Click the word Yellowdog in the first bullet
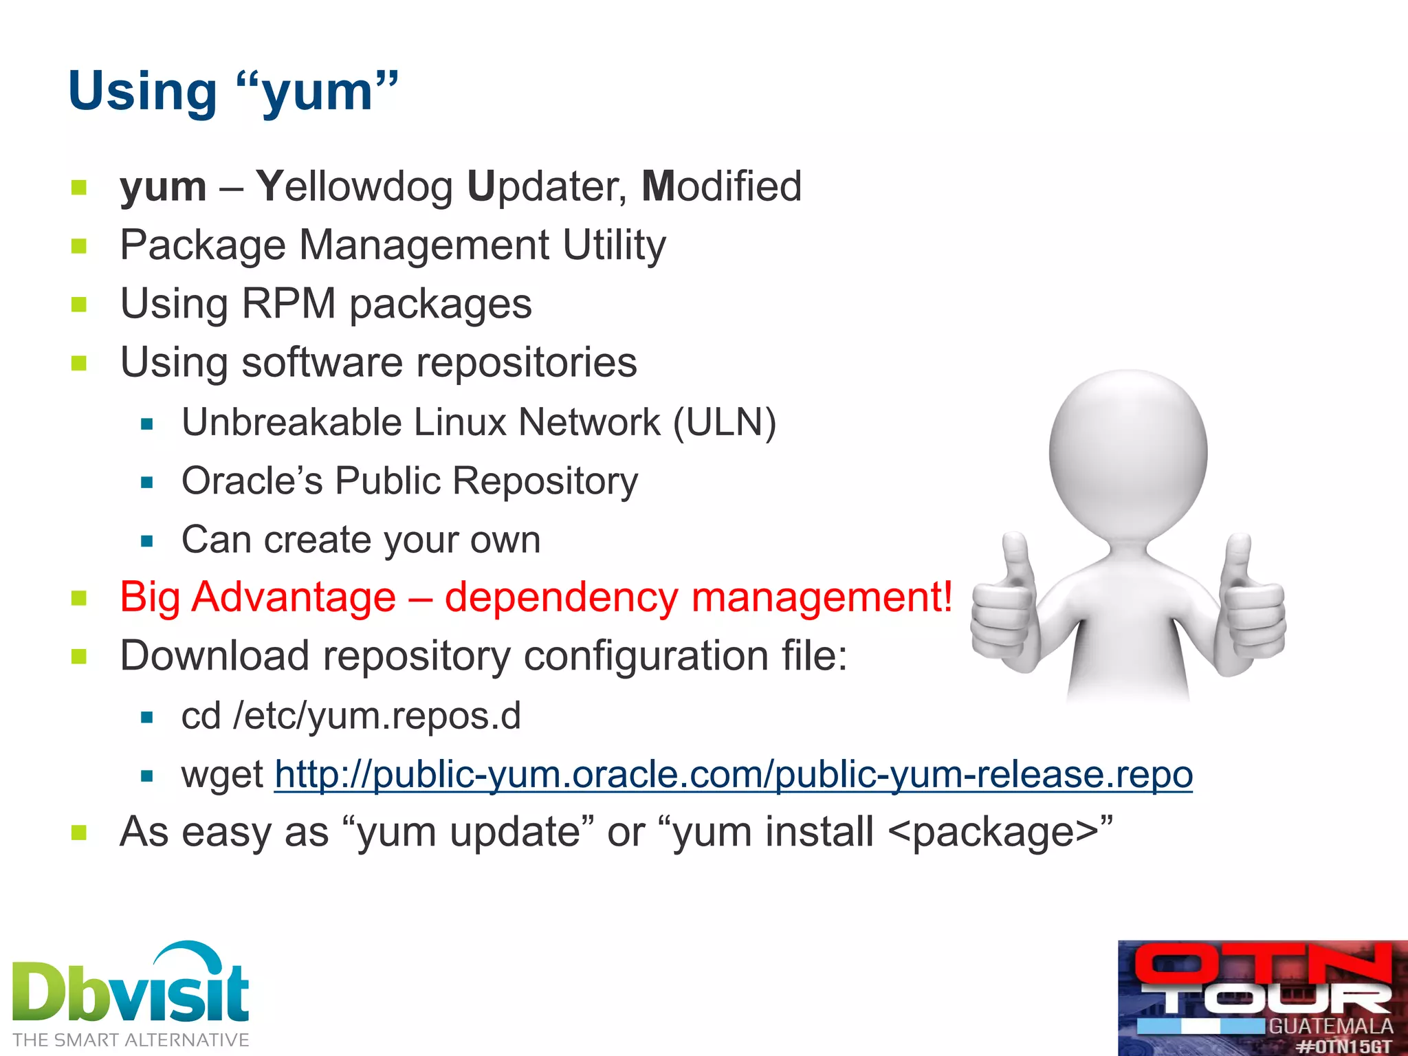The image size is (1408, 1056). pyautogui.click(x=354, y=187)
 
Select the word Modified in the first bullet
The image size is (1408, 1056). pyautogui.click(x=721, y=187)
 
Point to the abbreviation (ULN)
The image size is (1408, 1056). pyautogui.click(x=725, y=422)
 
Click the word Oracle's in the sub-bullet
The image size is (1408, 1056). pyautogui.click(x=252, y=481)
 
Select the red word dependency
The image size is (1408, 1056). pyautogui.click(x=561, y=597)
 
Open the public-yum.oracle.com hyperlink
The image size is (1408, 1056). pyautogui.click(x=733, y=775)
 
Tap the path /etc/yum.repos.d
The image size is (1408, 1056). pyautogui.click(x=377, y=716)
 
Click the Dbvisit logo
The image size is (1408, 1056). pyautogui.click(x=131, y=987)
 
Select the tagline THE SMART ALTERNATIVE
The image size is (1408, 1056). pyautogui.click(x=131, y=1040)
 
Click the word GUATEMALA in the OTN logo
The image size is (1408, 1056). pyautogui.click(x=1330, y=1026)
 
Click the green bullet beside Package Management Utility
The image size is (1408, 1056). pyautogui.click(x=79, y=246)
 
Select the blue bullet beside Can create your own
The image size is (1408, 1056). pyautogui.click(x=146, y=541)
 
